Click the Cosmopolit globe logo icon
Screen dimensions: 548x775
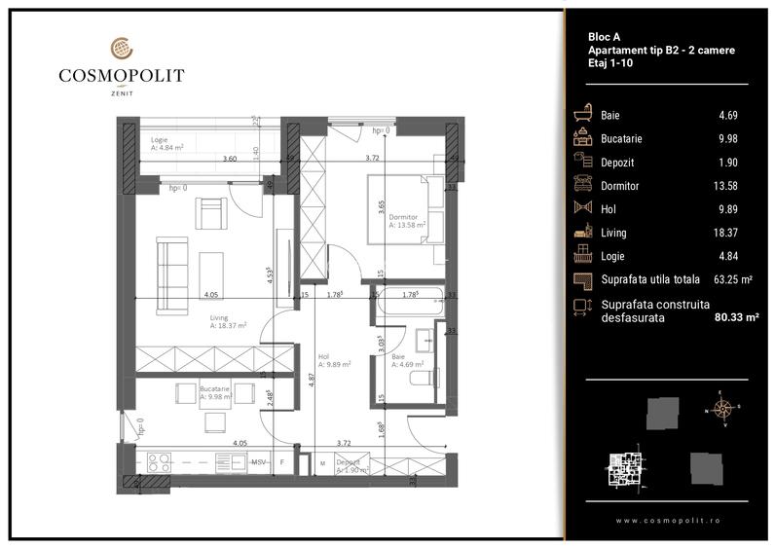click(121, 48)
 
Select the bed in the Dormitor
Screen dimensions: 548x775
click(403, 208)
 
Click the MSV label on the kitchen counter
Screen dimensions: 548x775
click(259, 462)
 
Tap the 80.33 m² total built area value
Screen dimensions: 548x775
click(736, 316)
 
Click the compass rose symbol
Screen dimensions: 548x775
click(722, 409)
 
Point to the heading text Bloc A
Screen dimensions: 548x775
click(605, 36)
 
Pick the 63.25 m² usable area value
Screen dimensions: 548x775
click(733, 279)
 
